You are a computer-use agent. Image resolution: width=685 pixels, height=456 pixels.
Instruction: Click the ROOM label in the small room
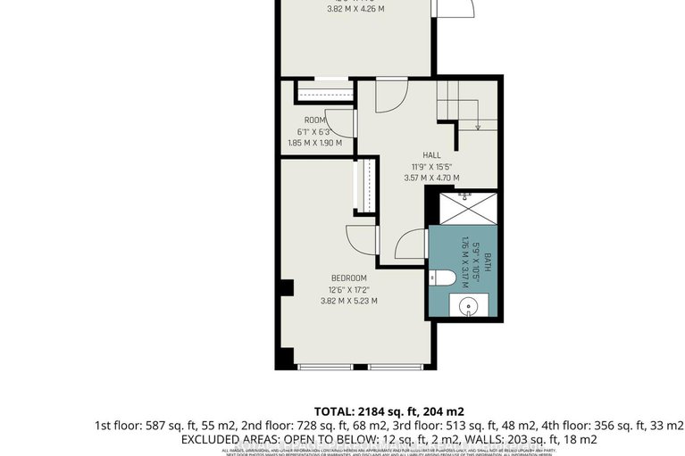pyautogui.click(x=314, y=120)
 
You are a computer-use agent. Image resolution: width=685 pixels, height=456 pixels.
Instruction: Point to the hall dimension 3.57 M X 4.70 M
pyautogui.click(x=431, y=178)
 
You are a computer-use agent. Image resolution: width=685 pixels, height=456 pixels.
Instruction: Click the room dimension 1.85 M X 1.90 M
pyautogui.click(x=314, y=143)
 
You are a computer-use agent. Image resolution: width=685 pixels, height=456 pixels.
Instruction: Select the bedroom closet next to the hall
pyautogui.click(x=363, y=187)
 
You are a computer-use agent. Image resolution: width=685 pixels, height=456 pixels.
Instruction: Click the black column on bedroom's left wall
pyautogui.click(x=287, y=288)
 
